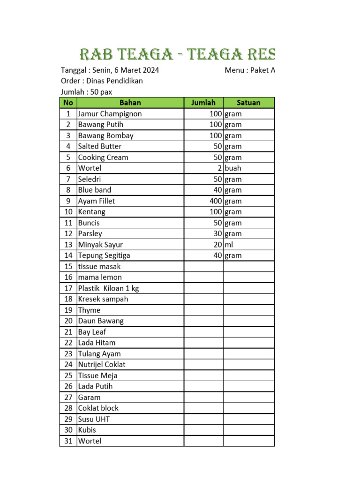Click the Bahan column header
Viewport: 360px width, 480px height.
[x=130, y=103]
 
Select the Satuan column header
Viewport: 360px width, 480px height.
[x=248, y=103]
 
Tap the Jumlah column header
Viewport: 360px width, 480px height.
[x=203, y=103]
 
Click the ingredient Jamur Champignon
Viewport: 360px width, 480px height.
[x=110, y=114]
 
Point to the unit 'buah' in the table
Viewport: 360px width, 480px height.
[x=233, y=168]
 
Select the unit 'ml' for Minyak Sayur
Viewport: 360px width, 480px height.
[x=229, y=245]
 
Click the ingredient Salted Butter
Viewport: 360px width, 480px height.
[x=99, y=146]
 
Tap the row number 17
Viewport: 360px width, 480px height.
[x=68, y=288]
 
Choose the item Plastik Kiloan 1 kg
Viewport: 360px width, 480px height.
[x=108, y=288]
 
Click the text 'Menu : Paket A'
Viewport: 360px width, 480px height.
[x=249, y=70]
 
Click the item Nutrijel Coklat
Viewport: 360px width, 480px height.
[x=102, y=365]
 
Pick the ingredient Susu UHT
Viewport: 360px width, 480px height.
[x=94, y=419]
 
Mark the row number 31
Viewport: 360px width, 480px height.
[x=68, y=441]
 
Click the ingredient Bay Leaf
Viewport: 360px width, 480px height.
[x=92, y=332]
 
